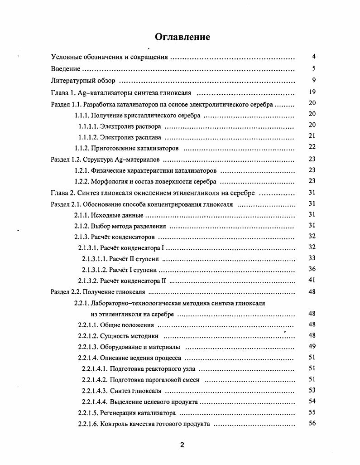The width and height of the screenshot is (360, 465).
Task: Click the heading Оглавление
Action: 182,37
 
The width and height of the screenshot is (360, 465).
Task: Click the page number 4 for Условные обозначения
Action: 313,57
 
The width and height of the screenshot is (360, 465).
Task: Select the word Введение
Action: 66,69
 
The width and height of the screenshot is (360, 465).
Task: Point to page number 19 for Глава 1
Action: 312,92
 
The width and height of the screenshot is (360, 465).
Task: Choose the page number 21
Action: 312,136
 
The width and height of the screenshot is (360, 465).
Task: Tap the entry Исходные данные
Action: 117,215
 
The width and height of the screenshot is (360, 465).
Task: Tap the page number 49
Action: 312,346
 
